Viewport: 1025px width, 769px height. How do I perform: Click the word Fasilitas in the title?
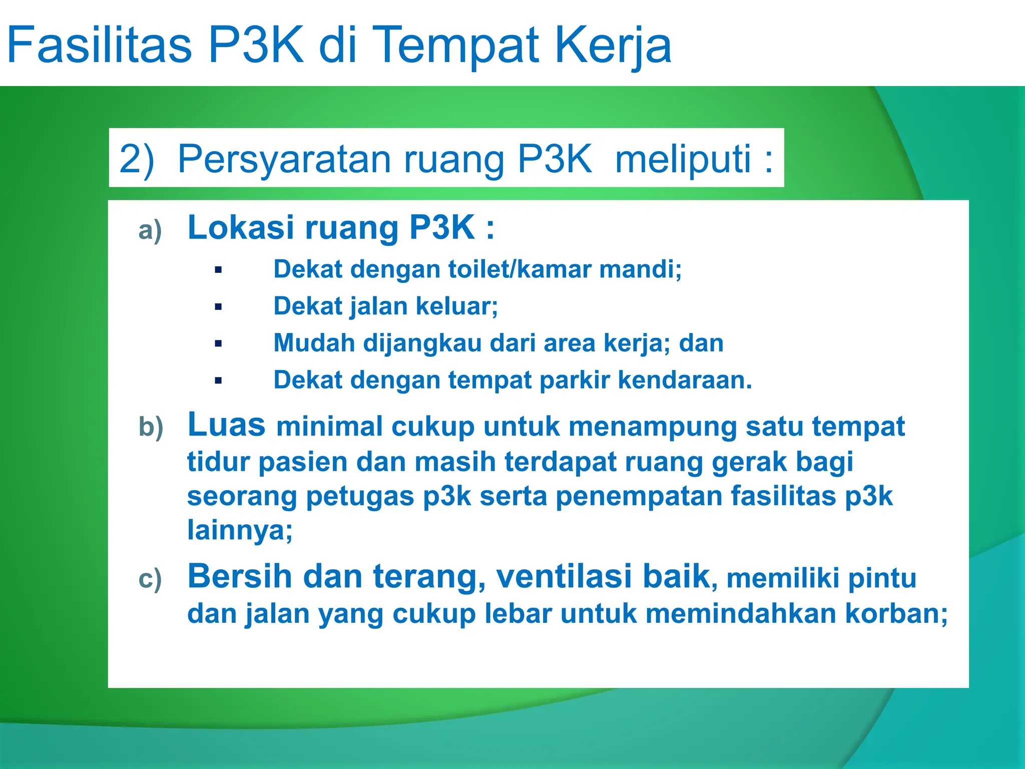tap(99, 45)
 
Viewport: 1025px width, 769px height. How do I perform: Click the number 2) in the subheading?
tap(136, 159)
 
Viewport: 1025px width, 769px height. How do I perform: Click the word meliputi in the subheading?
tap(683, 159)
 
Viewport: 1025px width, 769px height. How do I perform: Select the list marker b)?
tap(151, 427)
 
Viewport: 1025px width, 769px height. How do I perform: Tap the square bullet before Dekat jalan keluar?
tap(218, 307)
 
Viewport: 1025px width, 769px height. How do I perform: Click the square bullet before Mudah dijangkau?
tap(218, 343)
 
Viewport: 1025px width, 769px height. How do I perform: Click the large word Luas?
tap(226, 425)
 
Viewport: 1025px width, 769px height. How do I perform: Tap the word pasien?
tap(303, 462)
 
